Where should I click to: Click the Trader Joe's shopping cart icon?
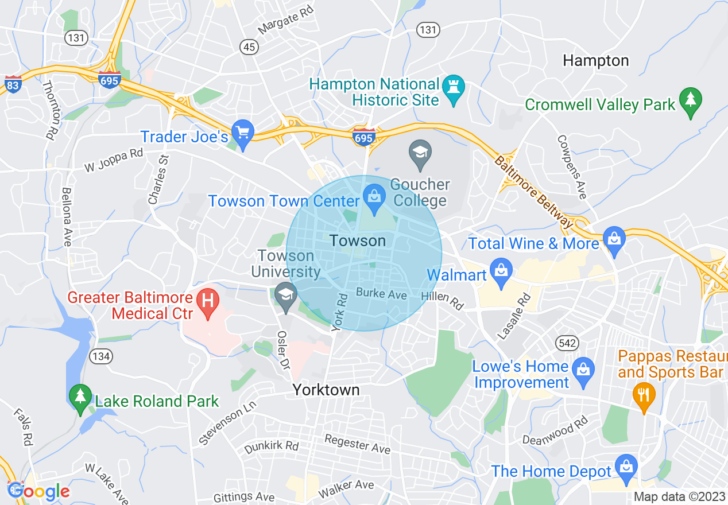coord(243,133)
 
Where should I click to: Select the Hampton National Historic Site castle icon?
coord(454,88)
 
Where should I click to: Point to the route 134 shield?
coord(100,356)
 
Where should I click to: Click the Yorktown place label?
coord(326,390)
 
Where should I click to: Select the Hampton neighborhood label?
coord(596,60)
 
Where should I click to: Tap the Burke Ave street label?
coord(381,294)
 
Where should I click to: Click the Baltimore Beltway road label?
coord(534,193)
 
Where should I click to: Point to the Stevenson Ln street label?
coord(227,424)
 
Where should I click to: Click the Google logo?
coord(38,491)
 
